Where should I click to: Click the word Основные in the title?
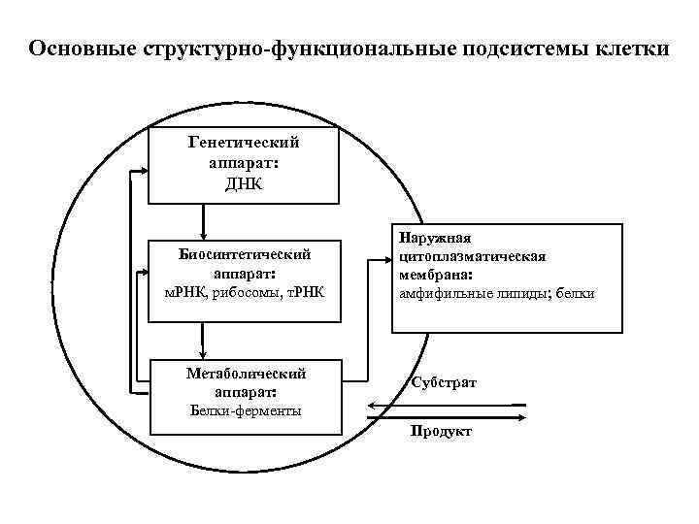tap(81, 48)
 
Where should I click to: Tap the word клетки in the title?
tap(630, 48)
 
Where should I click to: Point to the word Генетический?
tap(243, 143)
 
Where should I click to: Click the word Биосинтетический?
tap(245, 255)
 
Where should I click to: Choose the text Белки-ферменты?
tap(245, 410)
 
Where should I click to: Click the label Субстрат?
tap(444, 383)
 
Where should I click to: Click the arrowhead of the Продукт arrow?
tap(522, 417)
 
